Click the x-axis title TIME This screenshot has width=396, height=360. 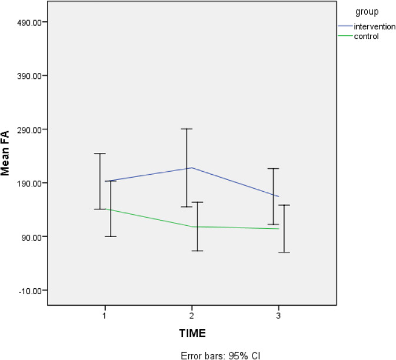(192, 333)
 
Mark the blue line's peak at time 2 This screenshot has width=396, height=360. (192, 168)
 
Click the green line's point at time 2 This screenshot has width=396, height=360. (197, 226)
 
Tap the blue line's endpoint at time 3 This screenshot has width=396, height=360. (278, 196)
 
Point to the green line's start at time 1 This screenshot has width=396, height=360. (105, 209)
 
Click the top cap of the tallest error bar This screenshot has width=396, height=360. (187, 128)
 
